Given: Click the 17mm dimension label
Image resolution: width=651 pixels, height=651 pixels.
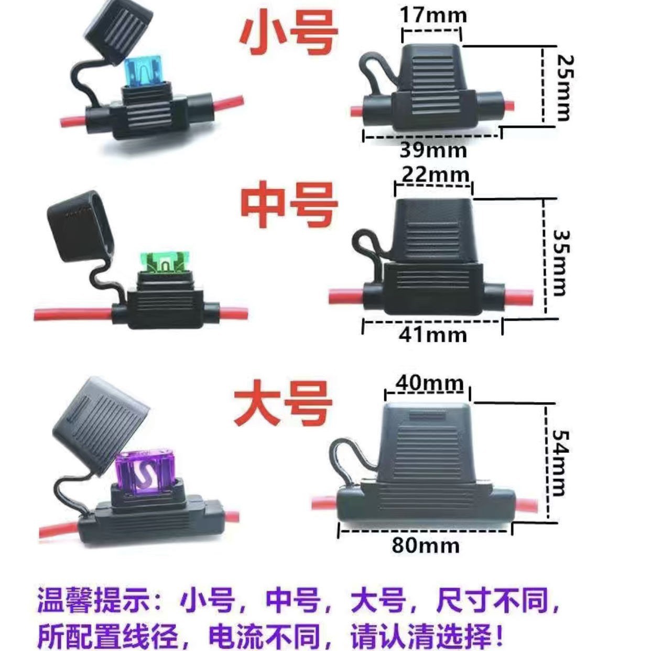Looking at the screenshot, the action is tap(433, 14).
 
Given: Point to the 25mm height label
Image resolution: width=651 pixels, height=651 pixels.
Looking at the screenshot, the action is tap(563, 87).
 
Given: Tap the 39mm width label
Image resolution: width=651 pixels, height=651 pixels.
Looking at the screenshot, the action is tap(433, 150).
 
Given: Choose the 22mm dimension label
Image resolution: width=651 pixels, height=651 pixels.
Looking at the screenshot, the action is tap(435, 175).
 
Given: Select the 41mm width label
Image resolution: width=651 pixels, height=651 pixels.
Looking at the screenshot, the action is tap(433, 334).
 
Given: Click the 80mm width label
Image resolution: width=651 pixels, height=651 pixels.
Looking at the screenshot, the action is tap(426, 545).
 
